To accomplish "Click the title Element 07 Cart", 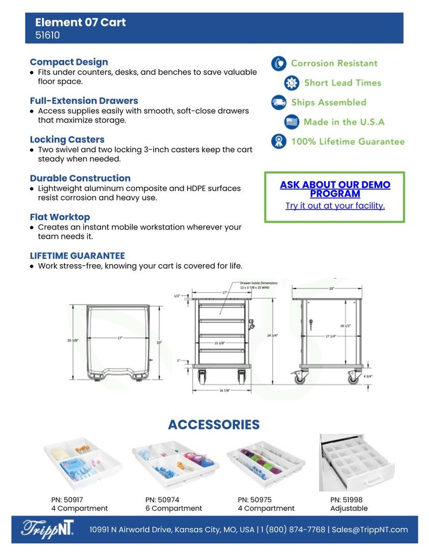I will tap(80, 22).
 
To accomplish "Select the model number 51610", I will tap(47, 36).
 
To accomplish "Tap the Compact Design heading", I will tap(69, 62).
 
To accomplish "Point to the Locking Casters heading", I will tap(67, 140).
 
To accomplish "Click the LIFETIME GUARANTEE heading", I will tap(77, 256).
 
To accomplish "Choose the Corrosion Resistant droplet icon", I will tap(279, 64).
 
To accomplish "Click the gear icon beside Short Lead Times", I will tap(292, 83).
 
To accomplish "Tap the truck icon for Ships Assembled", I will tap(279, 103).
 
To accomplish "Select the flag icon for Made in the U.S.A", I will tap(292, 122).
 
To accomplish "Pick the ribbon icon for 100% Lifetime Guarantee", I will tap(279, 142).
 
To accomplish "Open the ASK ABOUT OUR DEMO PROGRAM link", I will tap(335, 189).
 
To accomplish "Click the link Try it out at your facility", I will tap(335, 206).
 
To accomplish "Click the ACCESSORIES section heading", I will tap(214, 425).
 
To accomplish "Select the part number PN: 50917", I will tap(67, 500).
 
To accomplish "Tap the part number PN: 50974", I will tap(162, 500).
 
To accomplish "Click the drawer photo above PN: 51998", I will tap(356, 463).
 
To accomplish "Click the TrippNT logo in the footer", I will tap(48, 529).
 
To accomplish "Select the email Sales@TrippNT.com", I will tap(370, 529).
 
